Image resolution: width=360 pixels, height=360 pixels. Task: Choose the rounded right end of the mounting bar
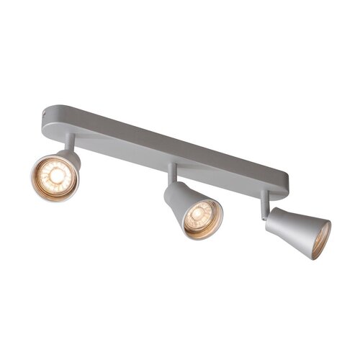click(x=283, y=184)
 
